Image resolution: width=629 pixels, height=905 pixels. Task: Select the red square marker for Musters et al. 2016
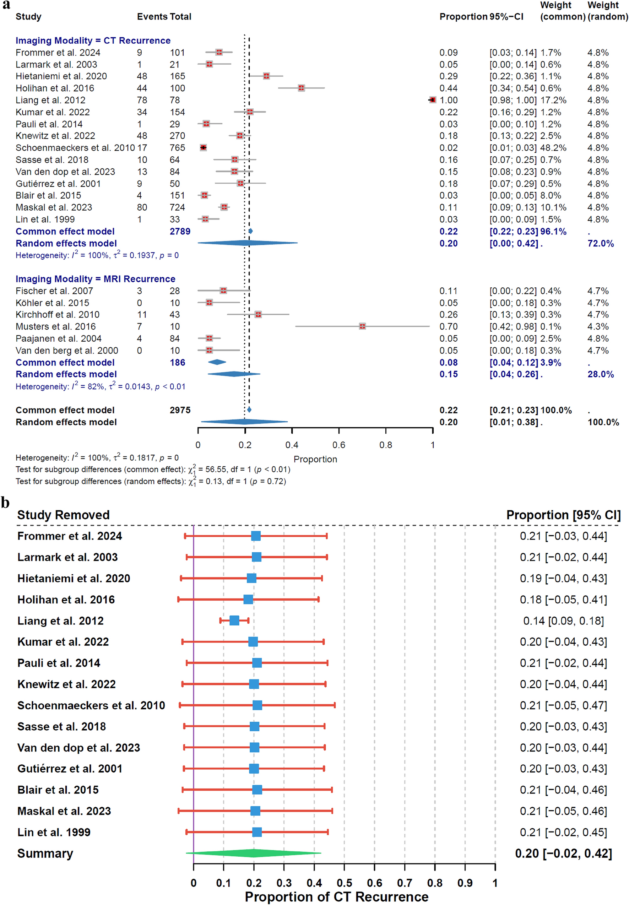362,326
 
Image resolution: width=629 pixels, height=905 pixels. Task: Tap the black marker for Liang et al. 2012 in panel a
432,100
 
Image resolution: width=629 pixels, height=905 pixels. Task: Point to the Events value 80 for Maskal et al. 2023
142,207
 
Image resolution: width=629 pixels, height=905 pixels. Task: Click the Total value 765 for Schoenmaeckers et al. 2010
177,148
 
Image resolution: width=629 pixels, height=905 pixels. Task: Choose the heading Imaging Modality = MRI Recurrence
96,279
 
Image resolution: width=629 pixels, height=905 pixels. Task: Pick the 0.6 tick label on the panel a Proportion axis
338,445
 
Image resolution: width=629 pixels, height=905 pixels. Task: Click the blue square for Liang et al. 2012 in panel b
234,621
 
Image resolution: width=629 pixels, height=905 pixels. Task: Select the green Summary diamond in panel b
254,853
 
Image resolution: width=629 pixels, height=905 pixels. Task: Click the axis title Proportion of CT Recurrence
337,896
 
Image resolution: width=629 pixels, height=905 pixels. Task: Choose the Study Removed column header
64,515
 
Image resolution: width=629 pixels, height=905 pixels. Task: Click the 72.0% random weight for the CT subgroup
601,244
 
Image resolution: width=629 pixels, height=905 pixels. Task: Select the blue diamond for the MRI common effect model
217,362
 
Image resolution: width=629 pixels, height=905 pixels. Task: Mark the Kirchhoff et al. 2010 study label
58,315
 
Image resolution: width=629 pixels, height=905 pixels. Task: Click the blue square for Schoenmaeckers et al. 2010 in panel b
257,705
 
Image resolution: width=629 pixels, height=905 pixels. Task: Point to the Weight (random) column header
603,11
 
